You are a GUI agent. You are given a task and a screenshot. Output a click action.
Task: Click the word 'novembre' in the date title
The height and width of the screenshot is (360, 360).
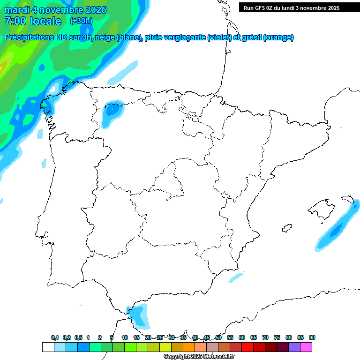pos(61,10)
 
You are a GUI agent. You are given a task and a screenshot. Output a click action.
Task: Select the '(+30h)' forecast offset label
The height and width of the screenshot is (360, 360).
pos(81,21)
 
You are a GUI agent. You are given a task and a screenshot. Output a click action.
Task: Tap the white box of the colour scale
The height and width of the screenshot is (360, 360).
pos(48,347)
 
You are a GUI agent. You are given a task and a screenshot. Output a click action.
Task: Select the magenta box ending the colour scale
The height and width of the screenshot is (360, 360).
pos(306,347)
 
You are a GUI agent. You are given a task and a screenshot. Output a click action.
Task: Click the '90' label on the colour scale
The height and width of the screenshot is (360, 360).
pos(312,337)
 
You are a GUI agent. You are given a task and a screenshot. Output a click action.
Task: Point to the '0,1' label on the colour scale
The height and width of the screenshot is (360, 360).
pos(55,337)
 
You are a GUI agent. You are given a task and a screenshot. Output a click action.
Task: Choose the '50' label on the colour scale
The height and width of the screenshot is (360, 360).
pos(218,337)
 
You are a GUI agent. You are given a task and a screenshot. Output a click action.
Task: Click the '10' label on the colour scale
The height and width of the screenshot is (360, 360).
pos(125,337)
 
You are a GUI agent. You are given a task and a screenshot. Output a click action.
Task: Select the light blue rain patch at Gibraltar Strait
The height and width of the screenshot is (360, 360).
pos(139,315)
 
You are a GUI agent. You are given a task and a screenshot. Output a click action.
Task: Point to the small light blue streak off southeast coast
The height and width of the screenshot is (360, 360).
pos(236,277)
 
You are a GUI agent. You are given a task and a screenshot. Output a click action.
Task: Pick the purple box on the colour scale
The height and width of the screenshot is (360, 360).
pos(294,347)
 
